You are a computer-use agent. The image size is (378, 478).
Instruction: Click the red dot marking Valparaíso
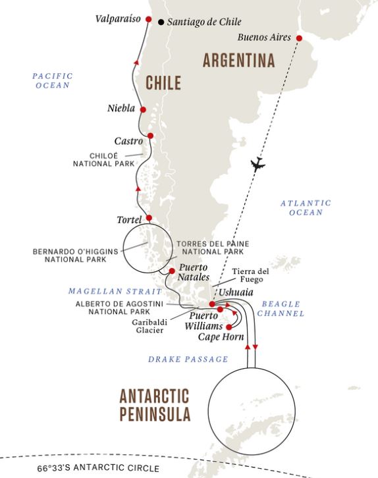(148, 20)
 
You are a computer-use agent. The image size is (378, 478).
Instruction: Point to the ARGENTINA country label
(238, 61)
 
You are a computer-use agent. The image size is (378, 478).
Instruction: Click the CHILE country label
(163, 83)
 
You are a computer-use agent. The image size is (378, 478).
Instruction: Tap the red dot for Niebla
(142, 110)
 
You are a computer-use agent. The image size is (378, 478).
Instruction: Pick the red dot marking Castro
(150, 136)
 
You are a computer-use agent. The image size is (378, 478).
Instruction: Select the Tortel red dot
(149, 218)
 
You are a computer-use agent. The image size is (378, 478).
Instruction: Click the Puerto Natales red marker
(171, 271)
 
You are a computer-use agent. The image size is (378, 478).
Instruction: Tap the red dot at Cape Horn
(229, 327)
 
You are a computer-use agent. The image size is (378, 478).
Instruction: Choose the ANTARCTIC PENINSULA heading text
(155, 405)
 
